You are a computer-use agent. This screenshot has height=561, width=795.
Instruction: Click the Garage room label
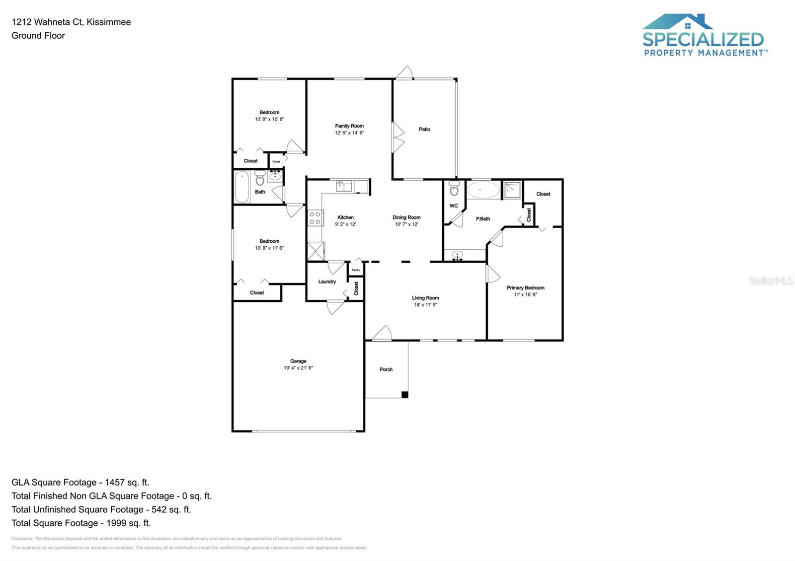coord(298,361)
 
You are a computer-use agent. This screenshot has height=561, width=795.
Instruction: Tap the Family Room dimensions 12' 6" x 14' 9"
coord(349,133)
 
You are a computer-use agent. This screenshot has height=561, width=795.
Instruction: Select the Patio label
coord(424,129)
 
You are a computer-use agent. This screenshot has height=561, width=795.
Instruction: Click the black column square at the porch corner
coord(405,395)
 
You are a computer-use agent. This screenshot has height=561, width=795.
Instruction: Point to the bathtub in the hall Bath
coord(242,187)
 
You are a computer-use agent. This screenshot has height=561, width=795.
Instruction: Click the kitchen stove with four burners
coord(315,218)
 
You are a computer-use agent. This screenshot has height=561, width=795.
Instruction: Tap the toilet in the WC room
coord(454,189)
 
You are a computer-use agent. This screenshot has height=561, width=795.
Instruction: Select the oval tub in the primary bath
coord(483,190)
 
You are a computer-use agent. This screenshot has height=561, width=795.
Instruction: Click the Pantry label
coord(356,270)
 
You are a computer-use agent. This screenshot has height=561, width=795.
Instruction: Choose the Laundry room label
coord(327,281)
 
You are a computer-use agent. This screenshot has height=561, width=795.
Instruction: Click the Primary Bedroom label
coord(525,287)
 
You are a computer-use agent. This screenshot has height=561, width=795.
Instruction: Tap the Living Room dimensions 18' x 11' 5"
coord(425,305)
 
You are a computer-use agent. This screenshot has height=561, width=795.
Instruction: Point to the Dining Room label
coord(406,217)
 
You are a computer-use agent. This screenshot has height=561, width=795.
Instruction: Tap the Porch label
coord(386,369)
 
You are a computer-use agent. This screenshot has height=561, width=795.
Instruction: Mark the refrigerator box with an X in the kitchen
coord(316,251)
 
